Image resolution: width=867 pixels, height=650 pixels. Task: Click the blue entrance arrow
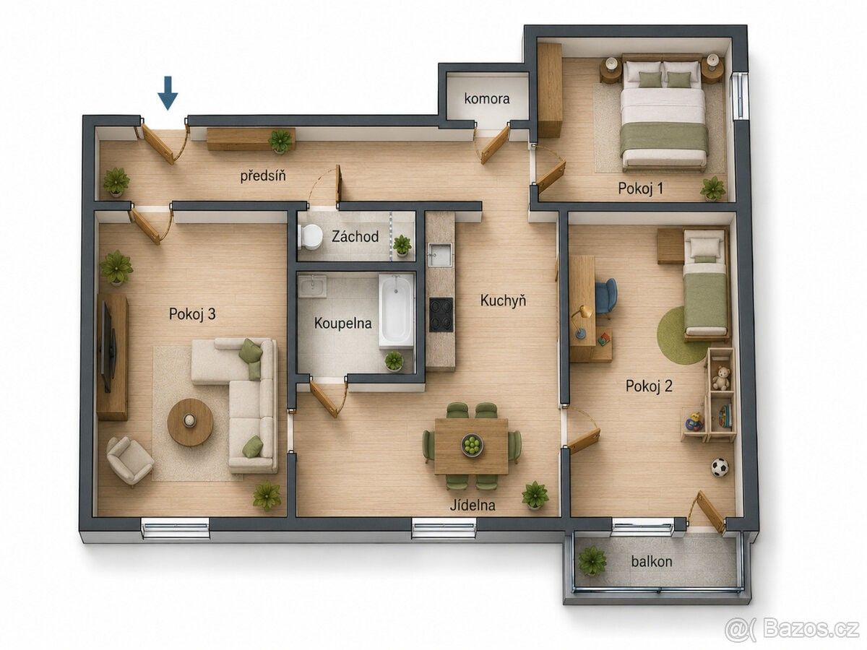[x=168, y=93]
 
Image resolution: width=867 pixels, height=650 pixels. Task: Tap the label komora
[x=487, y=98]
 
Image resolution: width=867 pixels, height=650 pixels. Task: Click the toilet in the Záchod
[x=310, y=236]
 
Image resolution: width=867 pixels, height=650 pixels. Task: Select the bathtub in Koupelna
[x=396, y=311]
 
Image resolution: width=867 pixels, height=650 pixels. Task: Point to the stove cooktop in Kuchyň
[x=441, y=315]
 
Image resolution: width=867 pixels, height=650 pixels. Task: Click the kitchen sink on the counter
[x=439, y=255]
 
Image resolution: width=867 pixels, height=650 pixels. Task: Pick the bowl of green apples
[x=472, y=445]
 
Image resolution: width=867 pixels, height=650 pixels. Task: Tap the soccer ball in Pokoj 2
[x=720, y=467]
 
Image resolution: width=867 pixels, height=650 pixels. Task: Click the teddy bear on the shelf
[x=721, y=378]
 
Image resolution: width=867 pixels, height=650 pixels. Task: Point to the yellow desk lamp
[x=582, y=322]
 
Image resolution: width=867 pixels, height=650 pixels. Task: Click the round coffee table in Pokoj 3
[x=190, y=422]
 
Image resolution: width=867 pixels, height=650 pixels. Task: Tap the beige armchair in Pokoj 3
[x=129, y=460]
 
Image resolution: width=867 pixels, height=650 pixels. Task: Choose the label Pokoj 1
[x=640, y=188]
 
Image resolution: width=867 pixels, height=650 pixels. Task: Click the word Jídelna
[x=473, y=505]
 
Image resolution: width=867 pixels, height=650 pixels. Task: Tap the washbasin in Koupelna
[x=312, y=286]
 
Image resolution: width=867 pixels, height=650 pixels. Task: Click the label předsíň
[x=263, y=175]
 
